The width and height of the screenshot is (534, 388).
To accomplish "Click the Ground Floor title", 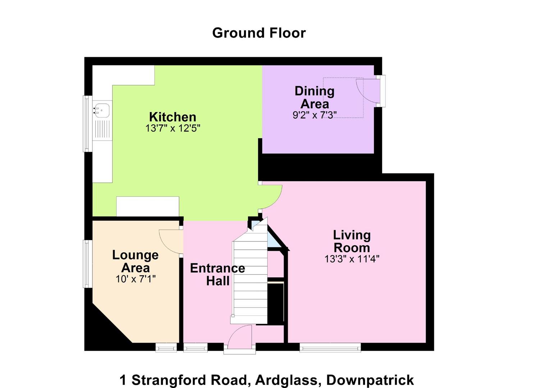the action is [259, 33].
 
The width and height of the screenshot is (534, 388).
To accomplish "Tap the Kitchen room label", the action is [173, 117].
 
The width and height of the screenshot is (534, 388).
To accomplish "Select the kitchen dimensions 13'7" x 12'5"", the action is [173, 128].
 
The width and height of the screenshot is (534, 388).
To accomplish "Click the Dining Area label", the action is [314, 97].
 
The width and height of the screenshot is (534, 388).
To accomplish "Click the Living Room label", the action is [352, 241].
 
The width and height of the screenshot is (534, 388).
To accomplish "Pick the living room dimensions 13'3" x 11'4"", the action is [352, 259].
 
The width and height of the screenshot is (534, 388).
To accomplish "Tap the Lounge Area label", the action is [136, 261].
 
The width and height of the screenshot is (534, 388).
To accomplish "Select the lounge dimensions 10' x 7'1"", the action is [136, 279].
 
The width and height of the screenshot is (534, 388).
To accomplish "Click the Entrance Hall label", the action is [218, 274].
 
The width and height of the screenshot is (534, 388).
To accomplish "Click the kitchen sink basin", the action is [102, 110].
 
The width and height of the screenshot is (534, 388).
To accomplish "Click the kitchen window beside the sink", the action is [87, 123].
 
